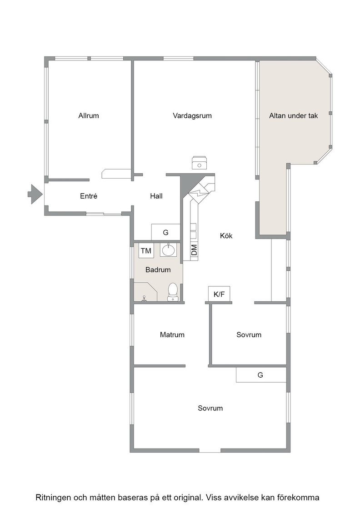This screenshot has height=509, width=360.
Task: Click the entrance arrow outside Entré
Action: pos(35,194)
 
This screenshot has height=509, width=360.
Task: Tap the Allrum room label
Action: pos(88,115)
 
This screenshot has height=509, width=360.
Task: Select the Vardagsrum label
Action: pos(192,116)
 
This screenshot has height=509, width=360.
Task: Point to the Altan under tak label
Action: pos(294,115)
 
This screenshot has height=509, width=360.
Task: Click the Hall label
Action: pos(156,196)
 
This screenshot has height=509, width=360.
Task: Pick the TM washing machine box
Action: pos(146,250)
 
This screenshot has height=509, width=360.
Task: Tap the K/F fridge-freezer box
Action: pos(219,294)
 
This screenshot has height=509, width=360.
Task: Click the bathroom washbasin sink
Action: pos(168,250)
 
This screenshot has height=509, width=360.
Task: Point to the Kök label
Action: pos(226,236)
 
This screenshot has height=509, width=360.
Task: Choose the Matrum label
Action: pos(172,334)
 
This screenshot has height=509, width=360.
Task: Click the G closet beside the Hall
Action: pos(165,232)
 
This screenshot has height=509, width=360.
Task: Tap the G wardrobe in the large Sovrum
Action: pos(261,375)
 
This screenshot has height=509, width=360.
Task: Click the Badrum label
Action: pos(158,270)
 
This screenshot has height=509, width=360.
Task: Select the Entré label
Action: pos(89,196)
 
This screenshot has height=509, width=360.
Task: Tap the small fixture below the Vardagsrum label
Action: pos(199,163)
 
